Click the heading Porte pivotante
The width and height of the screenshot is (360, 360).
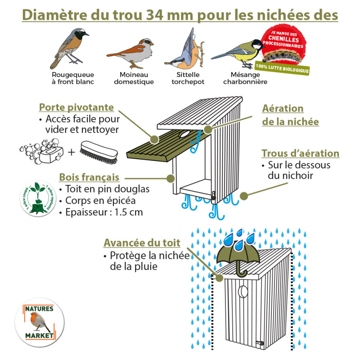click(x=76, y=108)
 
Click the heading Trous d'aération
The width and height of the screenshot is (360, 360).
click(x=300, y=153)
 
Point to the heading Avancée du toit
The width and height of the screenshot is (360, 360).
click(x=142, y=243)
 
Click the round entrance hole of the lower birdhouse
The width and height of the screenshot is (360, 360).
click(x=243, y=291)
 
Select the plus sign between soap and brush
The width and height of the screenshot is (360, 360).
click(x=71, y=152)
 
